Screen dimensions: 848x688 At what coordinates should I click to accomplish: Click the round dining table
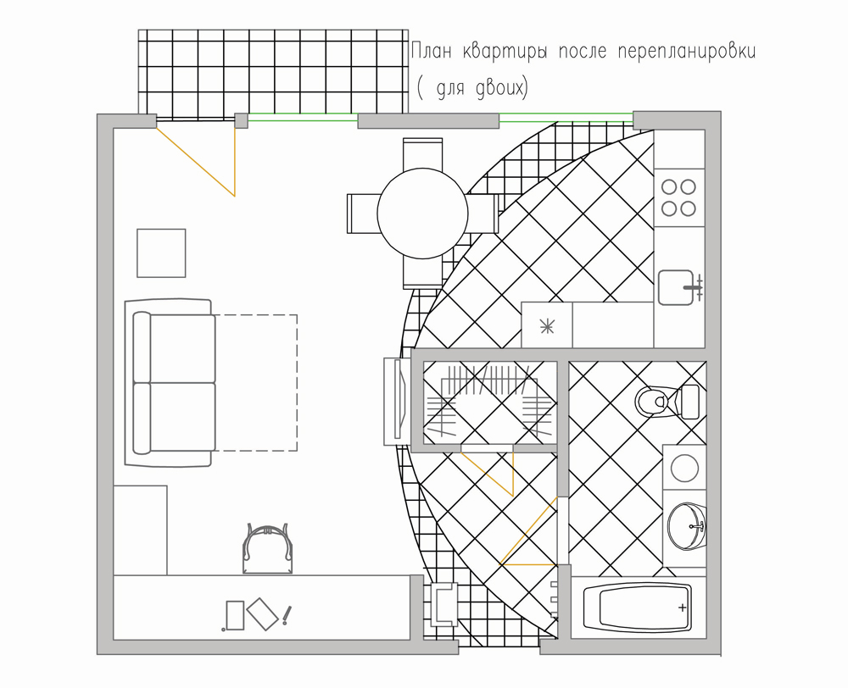pyautogui.click(x=422, y=214)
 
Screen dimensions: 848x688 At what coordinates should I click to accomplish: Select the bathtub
pyautogui.click(x=638, y=608)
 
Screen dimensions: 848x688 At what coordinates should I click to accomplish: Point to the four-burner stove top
pyautogui.click(x=679, y=197)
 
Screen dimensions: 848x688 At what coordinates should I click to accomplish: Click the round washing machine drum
pyautogui.click(x=684, y=468)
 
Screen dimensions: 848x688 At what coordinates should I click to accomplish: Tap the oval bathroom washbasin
pyautogui.click(x=687, y=526)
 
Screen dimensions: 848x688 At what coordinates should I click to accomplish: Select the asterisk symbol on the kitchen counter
pyautogui.click(x=547, y=325)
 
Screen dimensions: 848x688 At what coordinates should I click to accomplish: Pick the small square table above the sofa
pyautogui.click(x=161, y=253)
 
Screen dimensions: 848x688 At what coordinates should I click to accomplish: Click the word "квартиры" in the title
pyautogui.click(x=504, y=52)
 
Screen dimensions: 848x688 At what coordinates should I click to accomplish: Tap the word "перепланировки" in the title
pyautogui.click(x=686, y=52)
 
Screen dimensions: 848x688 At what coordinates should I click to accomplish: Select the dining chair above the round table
pyautogui.click(x=422, y=153)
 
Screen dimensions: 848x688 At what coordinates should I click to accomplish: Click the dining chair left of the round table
pyautogui.click(x=362, y=214)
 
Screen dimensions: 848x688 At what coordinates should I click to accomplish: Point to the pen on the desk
pyautogui.click(x=287, y=615)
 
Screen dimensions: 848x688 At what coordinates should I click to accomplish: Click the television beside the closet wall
pyautogui.click(x=397, y=401)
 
